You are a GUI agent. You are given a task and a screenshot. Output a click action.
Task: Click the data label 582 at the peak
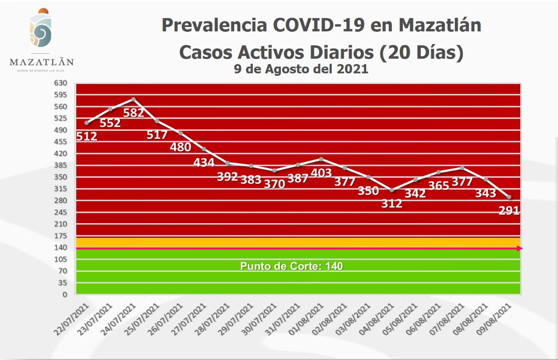pos(133,112)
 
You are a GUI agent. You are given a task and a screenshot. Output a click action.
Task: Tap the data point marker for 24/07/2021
pos(133,99)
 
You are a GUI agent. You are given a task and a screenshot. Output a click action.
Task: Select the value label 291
pos(509,211)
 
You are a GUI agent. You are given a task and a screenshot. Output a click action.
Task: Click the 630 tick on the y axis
pos(61,83)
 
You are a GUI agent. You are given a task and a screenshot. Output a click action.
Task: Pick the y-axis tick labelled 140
pos(61,248)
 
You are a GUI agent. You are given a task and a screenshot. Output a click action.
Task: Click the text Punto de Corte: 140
pos(292,266)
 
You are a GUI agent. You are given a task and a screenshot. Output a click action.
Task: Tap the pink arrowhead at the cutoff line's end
pos(520,248)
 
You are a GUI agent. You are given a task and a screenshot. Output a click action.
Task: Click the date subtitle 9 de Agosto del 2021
pos(301,69)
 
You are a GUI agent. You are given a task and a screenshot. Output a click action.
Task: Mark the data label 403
pos(321,173)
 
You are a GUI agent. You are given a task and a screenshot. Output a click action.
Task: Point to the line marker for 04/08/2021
pos(392,190)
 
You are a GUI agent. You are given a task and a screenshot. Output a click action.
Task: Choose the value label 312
pos(391,203)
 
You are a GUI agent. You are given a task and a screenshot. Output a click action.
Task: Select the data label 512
pos(86,136)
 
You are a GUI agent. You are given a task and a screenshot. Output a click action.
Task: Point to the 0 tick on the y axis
pos(65,295)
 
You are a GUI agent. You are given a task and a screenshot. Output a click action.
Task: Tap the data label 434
pos(204,163)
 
